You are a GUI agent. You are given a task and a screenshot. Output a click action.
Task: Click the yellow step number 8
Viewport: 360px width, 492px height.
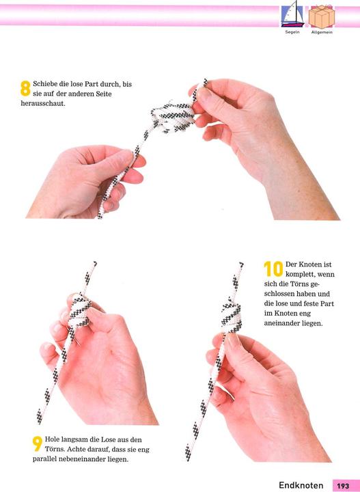25,88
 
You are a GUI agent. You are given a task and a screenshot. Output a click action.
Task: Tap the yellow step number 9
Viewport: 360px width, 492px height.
38,443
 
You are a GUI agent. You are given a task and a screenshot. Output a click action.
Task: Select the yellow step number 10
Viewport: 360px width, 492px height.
273,269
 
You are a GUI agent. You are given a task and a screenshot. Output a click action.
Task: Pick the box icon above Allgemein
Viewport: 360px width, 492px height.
322,16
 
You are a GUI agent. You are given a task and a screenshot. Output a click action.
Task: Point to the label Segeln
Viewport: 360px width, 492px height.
292,32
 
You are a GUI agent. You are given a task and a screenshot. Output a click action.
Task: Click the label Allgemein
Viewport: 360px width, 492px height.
322,32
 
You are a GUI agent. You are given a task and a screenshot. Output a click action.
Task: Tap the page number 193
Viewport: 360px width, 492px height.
343,486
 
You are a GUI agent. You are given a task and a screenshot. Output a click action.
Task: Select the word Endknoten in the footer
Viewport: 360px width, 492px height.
301,486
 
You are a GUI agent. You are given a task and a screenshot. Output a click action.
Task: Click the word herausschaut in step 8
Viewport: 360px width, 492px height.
43,104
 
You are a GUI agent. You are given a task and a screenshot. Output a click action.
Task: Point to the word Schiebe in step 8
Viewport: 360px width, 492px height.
43,84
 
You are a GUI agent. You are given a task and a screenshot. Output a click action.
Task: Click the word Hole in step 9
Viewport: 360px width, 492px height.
53,439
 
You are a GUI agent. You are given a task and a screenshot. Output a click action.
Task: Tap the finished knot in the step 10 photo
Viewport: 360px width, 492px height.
232,314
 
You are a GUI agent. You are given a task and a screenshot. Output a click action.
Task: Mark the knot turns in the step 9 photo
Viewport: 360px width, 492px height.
79,310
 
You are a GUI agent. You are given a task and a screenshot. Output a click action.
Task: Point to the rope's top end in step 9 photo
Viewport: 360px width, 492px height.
95,263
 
